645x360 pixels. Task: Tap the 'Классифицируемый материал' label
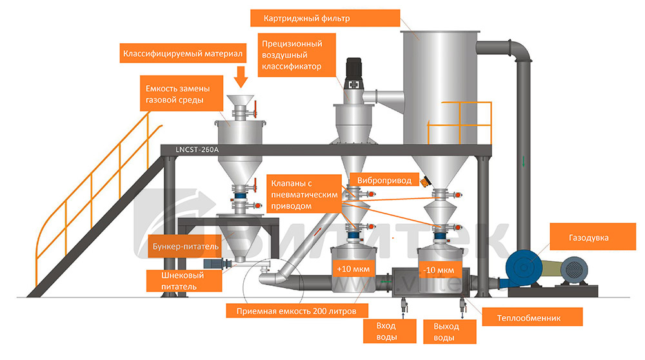183,54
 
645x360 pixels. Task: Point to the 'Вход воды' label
386,332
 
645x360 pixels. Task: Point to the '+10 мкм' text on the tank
349,268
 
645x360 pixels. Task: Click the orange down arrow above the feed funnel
241,77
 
